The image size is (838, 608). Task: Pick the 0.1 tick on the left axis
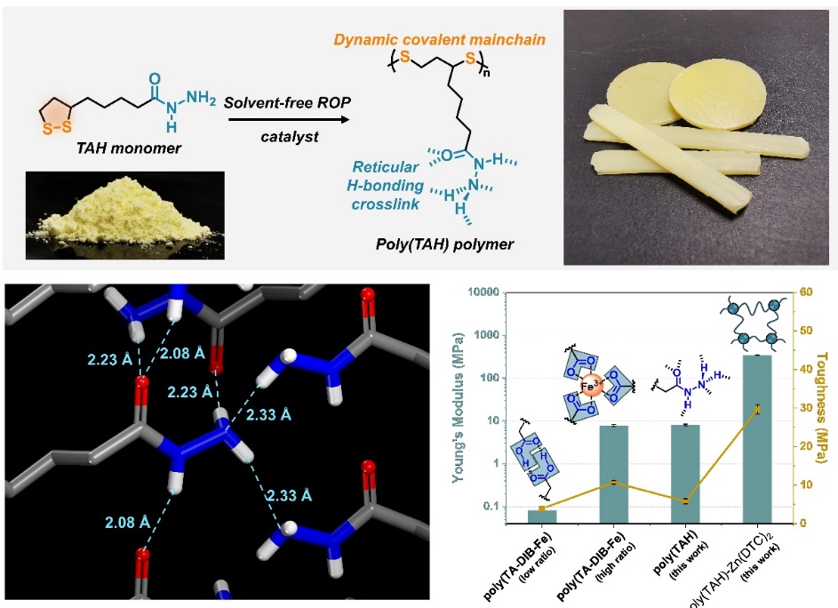[x=499, y=508]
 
